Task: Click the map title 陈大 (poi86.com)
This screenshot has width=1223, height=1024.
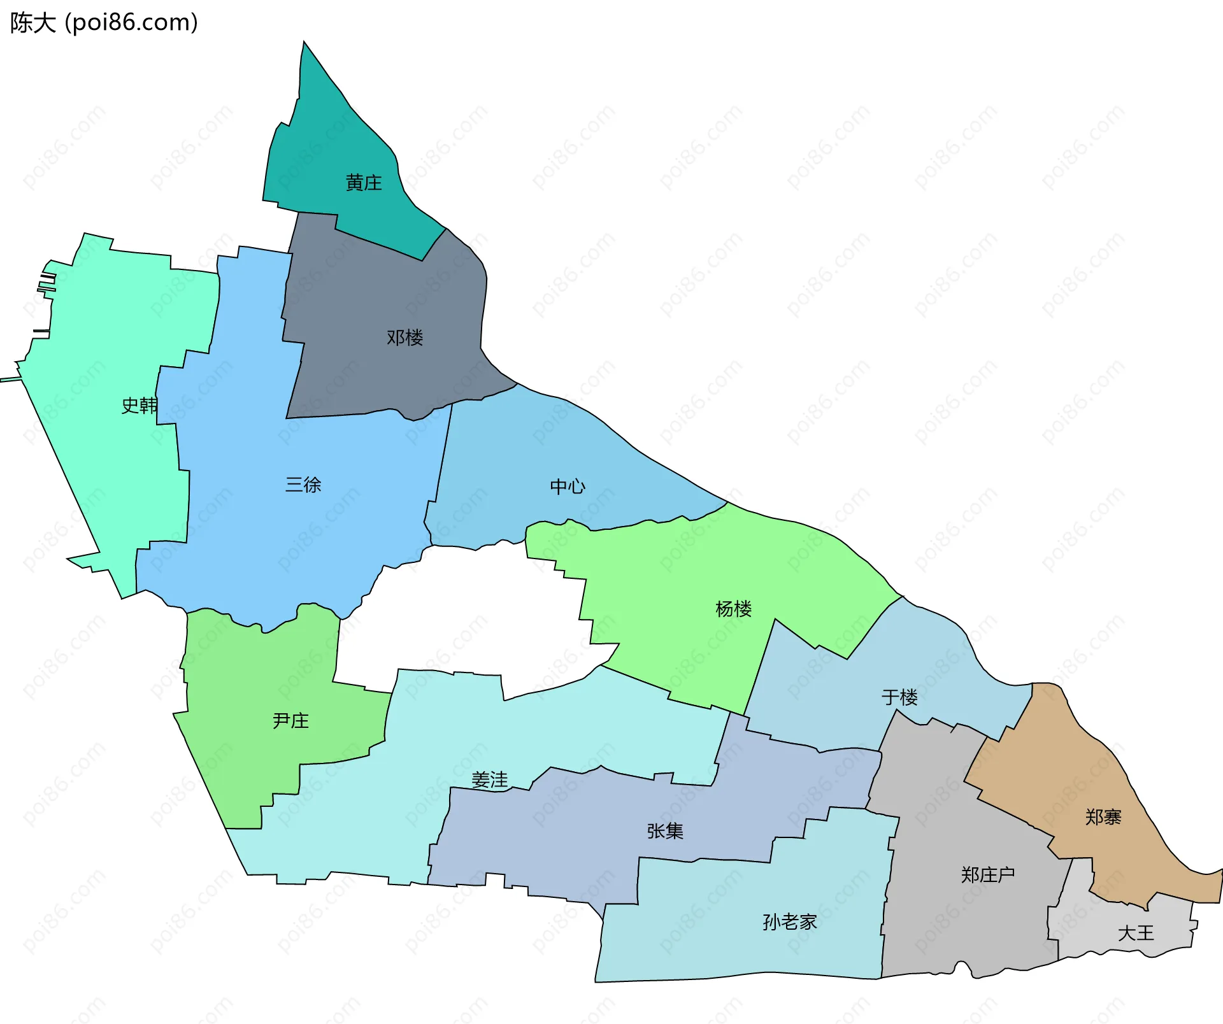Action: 104,23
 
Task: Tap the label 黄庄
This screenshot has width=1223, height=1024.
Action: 364,183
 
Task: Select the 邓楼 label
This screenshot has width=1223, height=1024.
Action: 405,338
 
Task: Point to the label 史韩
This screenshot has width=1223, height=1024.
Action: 139,406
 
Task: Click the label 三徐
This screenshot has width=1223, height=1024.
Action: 303,485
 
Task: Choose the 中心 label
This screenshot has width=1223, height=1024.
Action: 568,487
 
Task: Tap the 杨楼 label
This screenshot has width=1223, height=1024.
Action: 733,609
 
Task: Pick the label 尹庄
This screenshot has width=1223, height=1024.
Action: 290,721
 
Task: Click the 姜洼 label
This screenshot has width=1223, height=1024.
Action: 490,779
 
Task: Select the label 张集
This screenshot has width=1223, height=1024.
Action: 665,831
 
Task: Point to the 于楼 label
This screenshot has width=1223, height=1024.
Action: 899,697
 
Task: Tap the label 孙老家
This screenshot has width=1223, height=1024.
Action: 790,922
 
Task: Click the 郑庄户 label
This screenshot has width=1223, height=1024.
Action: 988,875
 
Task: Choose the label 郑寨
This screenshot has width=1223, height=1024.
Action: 1103,817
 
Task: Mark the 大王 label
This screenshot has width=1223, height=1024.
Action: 1136,934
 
